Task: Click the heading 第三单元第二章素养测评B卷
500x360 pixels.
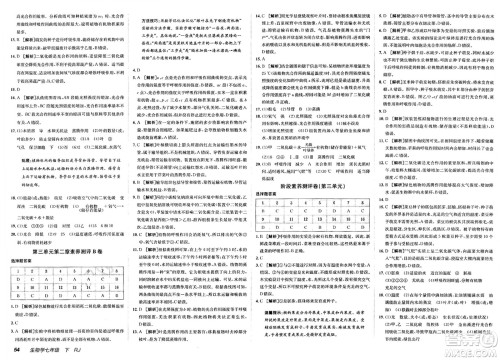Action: pyautogui.click(x=66, y=252)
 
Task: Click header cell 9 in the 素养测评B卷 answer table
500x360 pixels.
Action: pyautogui.click(x=18, y=287)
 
